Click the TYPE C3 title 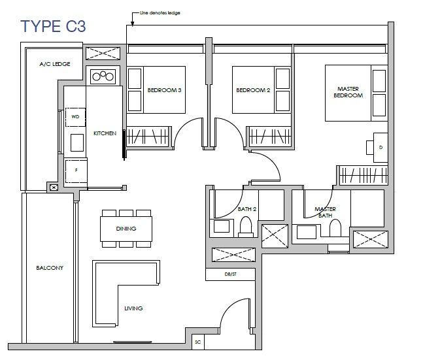[x=53, y=26]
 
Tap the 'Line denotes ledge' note [x=160, y=12]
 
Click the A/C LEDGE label [x=55, y=64]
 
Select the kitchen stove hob [x=103, y=76]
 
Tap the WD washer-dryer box [x=76, y=117]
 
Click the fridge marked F [x=76, y=171]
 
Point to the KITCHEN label [x=105, y=133]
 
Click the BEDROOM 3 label [x=164, y=90]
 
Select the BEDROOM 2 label [x=253, y=90]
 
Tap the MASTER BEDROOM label [x=348, y=92]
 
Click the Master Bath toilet [x=335, y=228]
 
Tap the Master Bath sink [x=307, y=232]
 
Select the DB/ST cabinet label [x=230, y=274]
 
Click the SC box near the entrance [x=197, y=342]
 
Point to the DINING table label [x=126, y=229]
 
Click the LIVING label [x=133, y=308]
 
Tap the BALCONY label [x=50, y=268]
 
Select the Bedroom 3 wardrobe [x=148, y=137]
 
